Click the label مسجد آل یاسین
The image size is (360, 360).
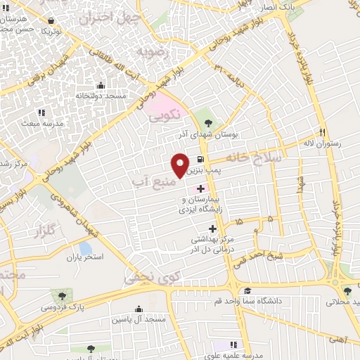[138, 319]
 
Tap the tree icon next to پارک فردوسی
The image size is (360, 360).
[62, 296]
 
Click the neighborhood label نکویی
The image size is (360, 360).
[167, 114]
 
